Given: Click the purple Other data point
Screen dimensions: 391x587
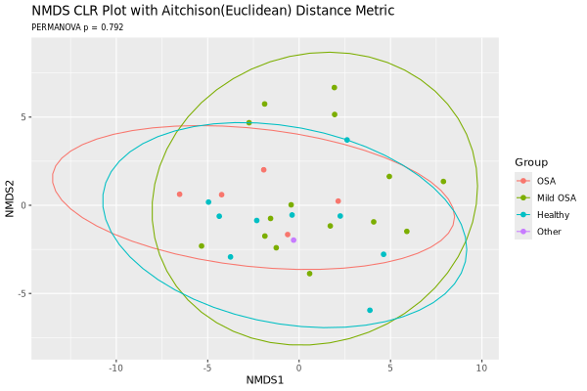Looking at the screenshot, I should (x=293, y=240).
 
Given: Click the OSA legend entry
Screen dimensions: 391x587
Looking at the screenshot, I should (x=546, y=181).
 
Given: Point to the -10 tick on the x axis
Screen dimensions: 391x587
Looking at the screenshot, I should (x=115, y=368).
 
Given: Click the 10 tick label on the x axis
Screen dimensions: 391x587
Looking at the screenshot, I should (x=481, y=368).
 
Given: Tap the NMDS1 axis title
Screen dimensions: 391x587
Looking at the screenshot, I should (x=265, y=379).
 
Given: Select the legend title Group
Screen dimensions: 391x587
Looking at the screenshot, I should (x=531, y=161).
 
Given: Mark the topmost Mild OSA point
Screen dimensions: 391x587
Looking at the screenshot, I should (x=334, y=87).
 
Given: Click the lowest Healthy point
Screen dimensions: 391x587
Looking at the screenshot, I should (x=370, y=310).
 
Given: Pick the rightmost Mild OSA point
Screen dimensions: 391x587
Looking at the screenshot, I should (x=443, y=181).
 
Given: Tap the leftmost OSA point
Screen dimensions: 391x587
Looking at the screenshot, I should (x=179, y=194).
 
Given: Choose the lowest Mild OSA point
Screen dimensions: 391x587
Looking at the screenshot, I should (x=309, y=274).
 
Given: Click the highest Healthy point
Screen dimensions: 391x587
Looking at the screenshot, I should (x=346, y=140).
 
